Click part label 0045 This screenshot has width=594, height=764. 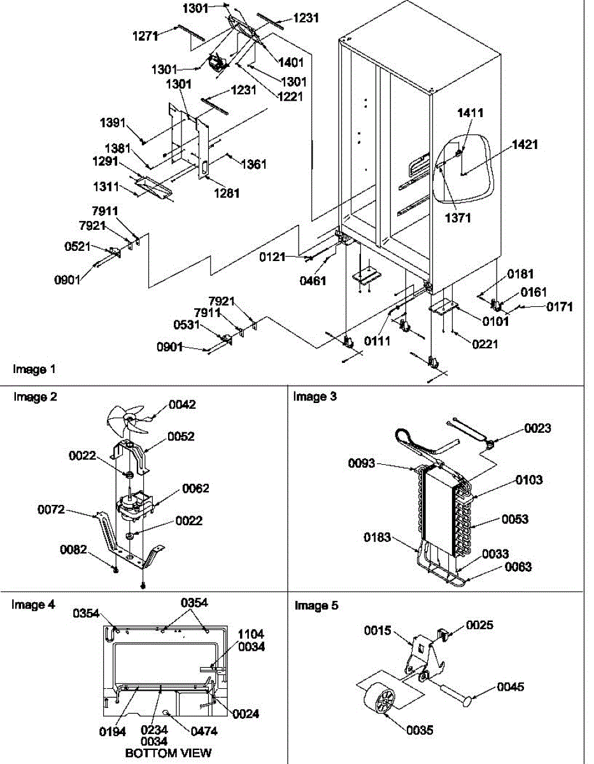point(511,687)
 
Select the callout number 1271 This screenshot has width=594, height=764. point(146,38)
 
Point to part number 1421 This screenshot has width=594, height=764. point(525,145)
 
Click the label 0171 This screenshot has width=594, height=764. point(560,307)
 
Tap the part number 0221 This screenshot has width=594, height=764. point(485,344)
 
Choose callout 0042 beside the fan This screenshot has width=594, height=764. point(182,405)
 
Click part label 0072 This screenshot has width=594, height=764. point(52,509)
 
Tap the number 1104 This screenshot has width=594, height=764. point(251,634)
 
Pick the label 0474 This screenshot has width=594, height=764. point(204,732)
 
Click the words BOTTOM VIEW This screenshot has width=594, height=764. point(168,753)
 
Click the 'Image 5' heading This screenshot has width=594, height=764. point(312,605)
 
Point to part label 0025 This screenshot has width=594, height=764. point(479,625)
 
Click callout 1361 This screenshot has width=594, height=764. point(253,164)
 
